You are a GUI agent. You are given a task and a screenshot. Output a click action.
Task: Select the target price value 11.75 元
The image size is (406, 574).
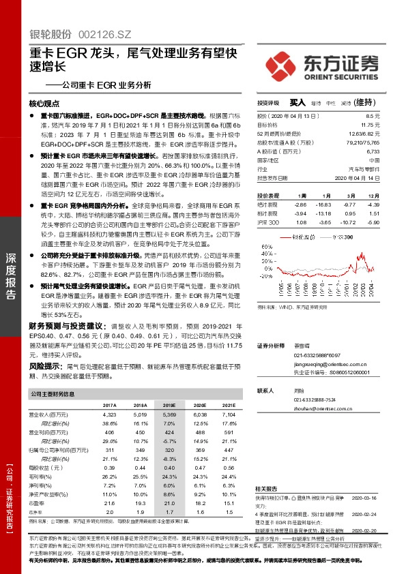(389, 125)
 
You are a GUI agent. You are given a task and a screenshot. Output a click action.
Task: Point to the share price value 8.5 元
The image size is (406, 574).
(392, 117)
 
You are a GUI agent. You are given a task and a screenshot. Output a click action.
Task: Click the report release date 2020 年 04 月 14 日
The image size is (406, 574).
(373, 178)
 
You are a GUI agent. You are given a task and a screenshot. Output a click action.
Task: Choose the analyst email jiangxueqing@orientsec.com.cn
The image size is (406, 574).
(327, 364)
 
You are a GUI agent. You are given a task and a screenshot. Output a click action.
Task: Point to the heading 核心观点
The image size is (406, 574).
(44, 104)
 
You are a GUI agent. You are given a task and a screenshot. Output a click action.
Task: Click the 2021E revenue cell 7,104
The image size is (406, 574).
(228, 414)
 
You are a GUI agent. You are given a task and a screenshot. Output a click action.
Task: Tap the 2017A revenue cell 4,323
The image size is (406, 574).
(108, 414)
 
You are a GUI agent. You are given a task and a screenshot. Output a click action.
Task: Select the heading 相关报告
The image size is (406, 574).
(266, 470)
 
